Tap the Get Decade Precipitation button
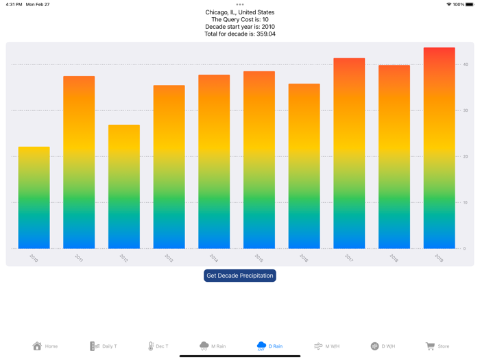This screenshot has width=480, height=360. point(240,276)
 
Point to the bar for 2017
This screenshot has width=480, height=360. point(349,154)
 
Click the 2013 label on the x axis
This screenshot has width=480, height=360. point(169,258)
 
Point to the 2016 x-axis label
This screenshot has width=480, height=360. point(304,258)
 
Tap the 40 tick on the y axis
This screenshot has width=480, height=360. point(466,64)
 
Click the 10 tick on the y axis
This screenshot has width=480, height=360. point(466,202)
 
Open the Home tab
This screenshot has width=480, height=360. point(45,346)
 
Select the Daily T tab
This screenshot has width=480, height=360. point(104,346)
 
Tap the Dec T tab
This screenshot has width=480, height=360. point(158,346)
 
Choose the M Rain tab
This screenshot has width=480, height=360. point(213,346)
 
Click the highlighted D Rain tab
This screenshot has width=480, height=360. point(269,346)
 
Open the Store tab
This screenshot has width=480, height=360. point(437,346)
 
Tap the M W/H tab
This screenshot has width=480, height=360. point(326,346)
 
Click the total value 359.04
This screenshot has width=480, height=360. point(263,34)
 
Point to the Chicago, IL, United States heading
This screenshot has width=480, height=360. point(240,12)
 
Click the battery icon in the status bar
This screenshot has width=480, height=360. point(470,4)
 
